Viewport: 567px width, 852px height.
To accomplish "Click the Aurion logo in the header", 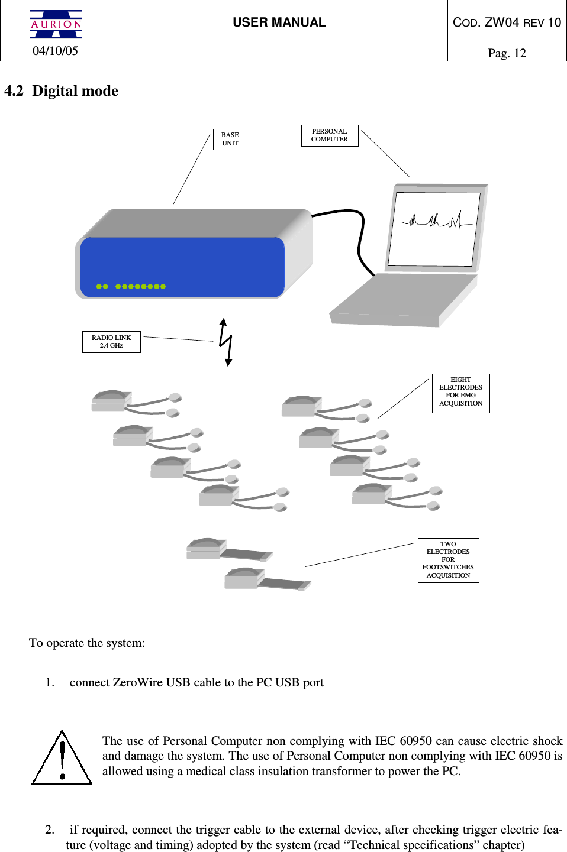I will [x=56, y=24].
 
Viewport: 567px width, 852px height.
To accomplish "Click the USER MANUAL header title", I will [x=279, y=22].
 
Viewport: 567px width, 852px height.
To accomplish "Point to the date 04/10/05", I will [x=55, y=51].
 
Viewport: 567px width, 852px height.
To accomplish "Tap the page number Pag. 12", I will [x=507, y=53].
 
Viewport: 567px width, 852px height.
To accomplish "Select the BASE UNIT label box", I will [x=230, y=140].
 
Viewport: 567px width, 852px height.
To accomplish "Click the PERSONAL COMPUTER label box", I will [x=330, y=135].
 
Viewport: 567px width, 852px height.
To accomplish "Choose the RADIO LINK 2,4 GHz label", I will [x=111, y=342].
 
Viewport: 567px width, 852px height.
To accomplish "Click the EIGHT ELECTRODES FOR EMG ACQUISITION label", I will [x=460, y=393].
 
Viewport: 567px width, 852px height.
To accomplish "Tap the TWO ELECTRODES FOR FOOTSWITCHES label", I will [x=448, y=560].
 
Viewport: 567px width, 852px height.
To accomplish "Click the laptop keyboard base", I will [x=402, y=300].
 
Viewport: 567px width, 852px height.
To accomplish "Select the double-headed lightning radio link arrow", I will [x=225, y=342].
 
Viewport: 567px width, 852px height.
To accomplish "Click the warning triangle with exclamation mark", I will [x=62, y=759].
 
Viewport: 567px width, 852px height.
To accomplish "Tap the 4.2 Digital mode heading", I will [x=61, y=91].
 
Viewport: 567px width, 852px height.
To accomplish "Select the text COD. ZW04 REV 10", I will [x=507, y=22].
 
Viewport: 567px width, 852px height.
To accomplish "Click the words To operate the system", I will [x=87, y=643].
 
